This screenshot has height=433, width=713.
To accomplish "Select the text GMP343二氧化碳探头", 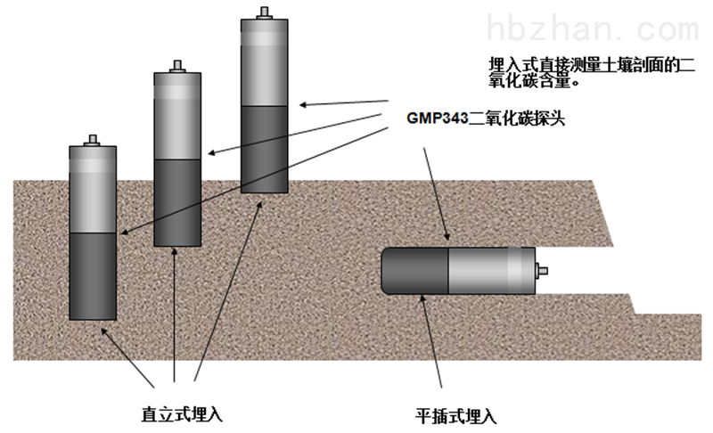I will (x=487, y=117).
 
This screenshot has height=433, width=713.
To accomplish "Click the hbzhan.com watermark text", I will (x=595, y=30).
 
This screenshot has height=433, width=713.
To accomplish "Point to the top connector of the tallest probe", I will (x=264, y=12).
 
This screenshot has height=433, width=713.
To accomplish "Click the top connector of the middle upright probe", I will (x=177, y=66).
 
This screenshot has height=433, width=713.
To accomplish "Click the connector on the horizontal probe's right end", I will (x=543, y=270).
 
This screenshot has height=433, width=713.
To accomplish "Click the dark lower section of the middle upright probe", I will (x=177, y=201).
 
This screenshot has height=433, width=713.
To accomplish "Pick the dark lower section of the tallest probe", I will (x=264, y=149).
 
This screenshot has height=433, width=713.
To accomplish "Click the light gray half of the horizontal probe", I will (x=490, y=270).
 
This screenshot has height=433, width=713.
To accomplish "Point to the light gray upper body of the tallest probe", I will (x=264, y=62).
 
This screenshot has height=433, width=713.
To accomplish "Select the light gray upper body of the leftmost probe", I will (x=93, y=189).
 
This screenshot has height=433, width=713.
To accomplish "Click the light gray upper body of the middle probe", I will (x=177, y=116).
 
